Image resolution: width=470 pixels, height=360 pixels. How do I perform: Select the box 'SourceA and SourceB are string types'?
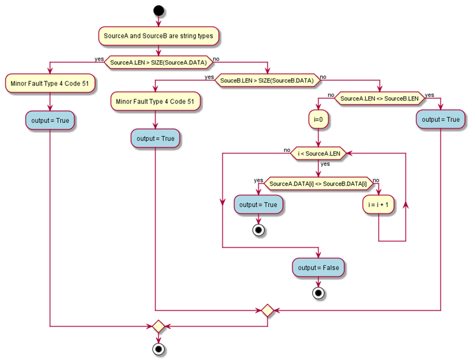click(x=159, y=36)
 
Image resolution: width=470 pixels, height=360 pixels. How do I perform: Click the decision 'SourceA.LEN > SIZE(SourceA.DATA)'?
click(x=159, y=62)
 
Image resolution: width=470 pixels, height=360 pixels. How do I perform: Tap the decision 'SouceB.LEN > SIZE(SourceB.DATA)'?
click(x=267, y=80)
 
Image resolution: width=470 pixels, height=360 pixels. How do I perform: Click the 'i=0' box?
click(x=318, y=119)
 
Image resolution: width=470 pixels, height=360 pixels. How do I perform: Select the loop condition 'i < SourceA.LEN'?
click(x=318, y=153)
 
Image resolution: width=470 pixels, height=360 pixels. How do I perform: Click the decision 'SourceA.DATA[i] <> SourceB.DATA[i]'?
click(x=318, y=184)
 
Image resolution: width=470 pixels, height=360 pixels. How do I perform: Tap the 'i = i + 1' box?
click(x=379, y=205)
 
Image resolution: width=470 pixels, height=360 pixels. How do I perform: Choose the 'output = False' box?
click(x=318, y=268)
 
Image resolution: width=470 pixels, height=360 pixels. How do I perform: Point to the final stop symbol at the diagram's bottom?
click(x=159, y=349)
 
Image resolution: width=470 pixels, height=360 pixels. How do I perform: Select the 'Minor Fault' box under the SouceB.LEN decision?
click(x=155, y=101)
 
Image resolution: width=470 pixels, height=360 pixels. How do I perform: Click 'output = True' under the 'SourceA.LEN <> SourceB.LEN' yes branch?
click(x=440, y=119)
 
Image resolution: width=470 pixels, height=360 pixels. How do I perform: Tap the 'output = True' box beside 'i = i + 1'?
click(x=258, y=205)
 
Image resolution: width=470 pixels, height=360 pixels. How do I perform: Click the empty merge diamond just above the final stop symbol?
click(x=159, y=326)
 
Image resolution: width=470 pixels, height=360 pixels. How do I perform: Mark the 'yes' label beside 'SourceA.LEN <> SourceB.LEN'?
click(x=429, y=95)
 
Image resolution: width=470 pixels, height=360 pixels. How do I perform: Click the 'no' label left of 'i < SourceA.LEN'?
click(x=286, y=149)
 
